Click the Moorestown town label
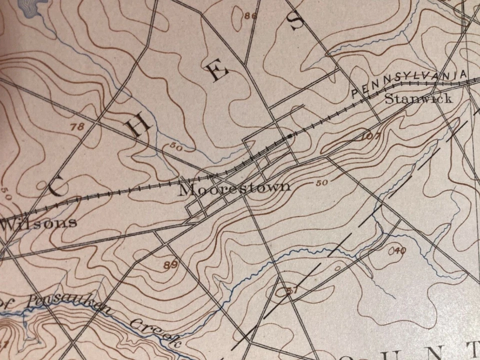pos(234,188)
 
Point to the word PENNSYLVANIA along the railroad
pos(410,81)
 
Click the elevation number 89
pos(170,265)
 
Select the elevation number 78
pos(77,127)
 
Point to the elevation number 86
pos(250,16)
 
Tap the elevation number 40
pos(398,250)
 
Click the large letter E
pos(218,72)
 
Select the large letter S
pos(296,20)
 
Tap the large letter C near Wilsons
pos(56,188)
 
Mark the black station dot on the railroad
pos(289,135)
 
